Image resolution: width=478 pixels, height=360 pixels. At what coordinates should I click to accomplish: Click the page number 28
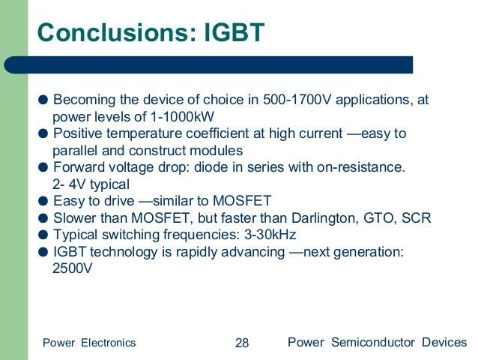pyautogui.click(x=242, y=343)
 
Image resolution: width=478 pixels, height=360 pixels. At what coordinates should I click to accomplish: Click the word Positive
pyautogui.click(x=82, y=133)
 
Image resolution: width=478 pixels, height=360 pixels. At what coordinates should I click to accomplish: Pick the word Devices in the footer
pyautogui.click(x=444, y=343)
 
